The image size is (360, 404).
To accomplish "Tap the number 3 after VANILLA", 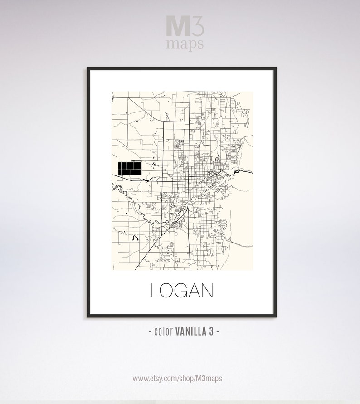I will click(211, 331).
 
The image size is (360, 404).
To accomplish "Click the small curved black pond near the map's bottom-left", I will click(135, 237).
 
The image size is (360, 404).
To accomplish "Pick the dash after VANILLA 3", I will click(218, 331).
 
